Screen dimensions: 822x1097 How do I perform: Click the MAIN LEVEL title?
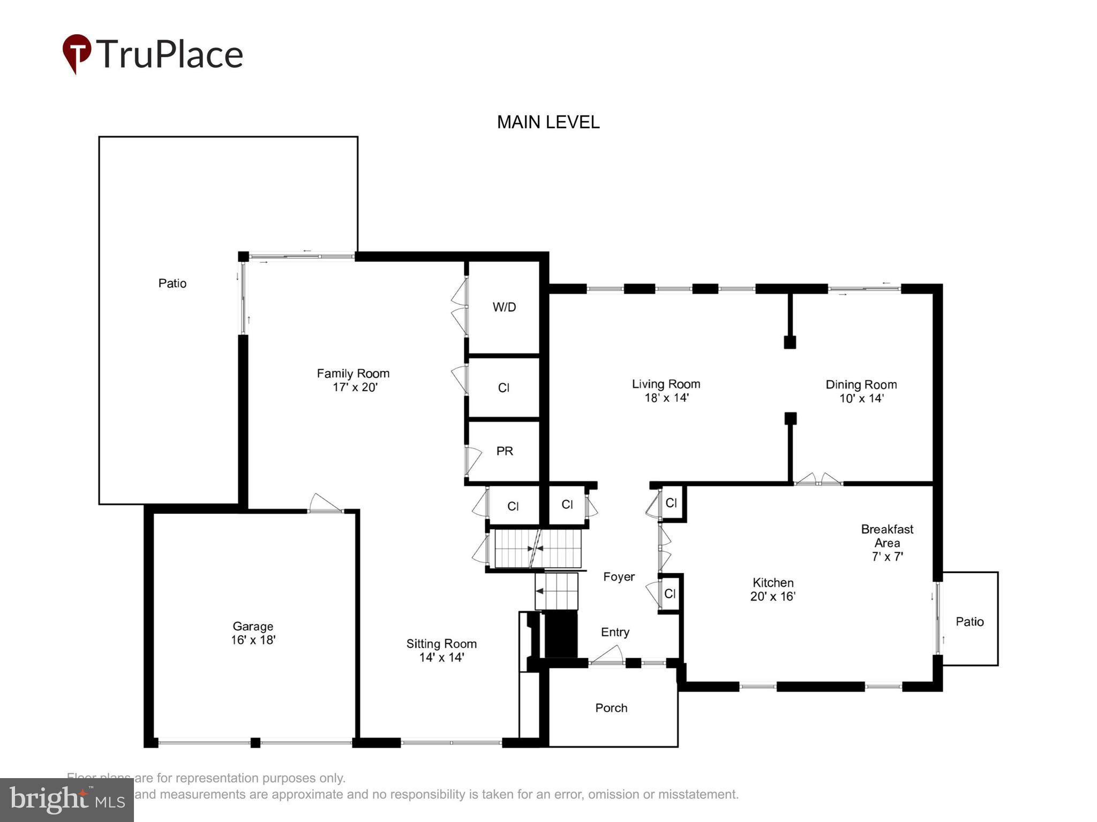tap(548, 123)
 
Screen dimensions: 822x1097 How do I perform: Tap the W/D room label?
tap(504, 307)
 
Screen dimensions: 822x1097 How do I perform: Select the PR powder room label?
tap(505, 451)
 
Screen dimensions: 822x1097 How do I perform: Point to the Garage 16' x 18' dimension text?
tap(253, 640)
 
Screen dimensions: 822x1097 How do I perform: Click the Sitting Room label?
tap(441, 644)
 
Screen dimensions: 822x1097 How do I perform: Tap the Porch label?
tap(611, 708)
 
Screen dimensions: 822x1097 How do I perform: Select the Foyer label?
tap(619, 577)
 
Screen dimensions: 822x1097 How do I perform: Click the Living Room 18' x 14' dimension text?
tap(666, 398)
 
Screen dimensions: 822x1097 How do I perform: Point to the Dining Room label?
tap(861, 385)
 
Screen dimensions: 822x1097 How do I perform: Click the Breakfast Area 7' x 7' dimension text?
tap(887, 557)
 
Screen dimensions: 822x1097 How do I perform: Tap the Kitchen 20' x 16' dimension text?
tap(772, 596)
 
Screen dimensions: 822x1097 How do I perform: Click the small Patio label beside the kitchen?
tap(970, 622)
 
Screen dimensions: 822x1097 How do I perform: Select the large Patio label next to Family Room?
tap(172, 284)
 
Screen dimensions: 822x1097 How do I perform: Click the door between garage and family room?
tap(325, 504)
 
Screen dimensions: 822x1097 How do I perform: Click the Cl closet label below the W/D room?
tap(504, 388)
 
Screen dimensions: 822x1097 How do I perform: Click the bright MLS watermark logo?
tap(67, 800)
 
